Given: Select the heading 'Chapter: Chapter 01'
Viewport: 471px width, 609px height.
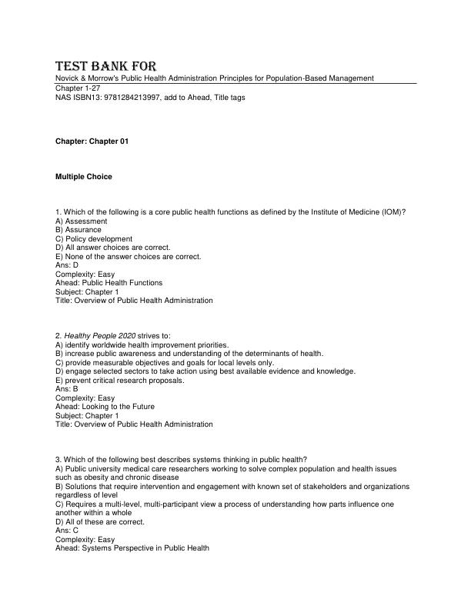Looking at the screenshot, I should point(92,143).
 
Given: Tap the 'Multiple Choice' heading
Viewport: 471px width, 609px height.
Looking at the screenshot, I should point(83,177).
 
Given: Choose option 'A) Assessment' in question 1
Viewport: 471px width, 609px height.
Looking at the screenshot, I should point(82,221).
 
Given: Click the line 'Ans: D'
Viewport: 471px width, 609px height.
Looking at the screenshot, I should point(67,265).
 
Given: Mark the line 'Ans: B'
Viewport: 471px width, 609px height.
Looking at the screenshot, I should point(67,389).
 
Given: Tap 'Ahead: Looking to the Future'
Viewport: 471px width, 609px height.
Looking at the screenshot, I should point(105,407).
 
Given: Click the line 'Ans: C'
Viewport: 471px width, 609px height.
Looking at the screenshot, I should point(67,531).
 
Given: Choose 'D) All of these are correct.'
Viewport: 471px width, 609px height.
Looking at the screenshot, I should point(100,521).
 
